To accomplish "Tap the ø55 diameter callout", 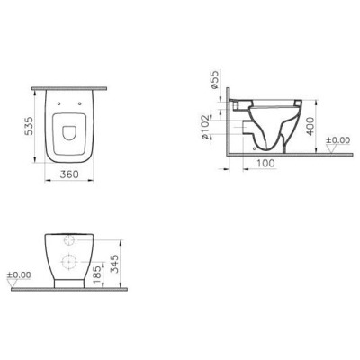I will pyautogui.click(x=215, y=82).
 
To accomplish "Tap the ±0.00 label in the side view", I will pyautogui.click(x=337, y=142).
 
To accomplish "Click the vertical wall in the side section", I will pyautogui.click(x=229, y=126).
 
